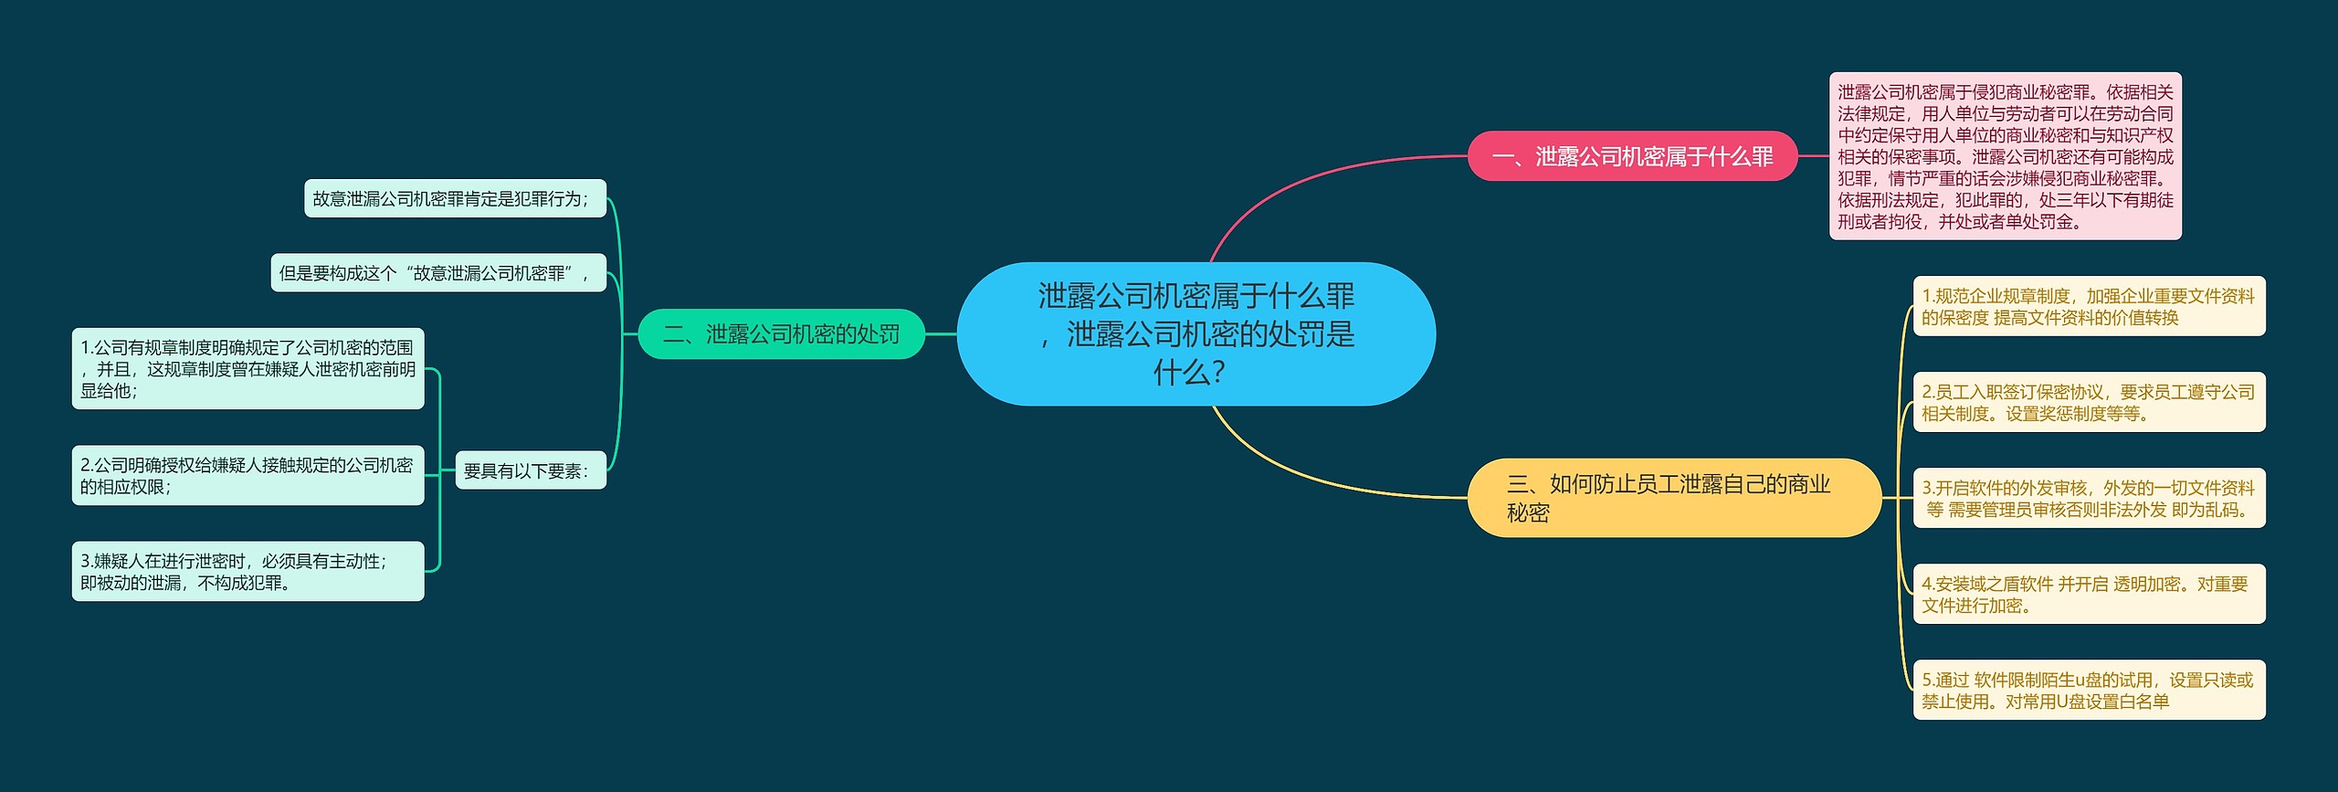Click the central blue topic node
1195,333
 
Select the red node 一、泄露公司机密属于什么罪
1631,156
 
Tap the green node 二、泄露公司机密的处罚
781,334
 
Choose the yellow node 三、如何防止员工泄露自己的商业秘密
1673,498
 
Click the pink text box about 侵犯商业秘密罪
2005,156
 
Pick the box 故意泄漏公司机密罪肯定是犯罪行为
454,198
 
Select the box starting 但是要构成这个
437,273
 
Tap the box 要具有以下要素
530,470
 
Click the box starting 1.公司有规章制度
247,369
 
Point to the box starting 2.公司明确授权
247,476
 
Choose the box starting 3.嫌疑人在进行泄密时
247,572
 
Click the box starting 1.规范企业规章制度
2089,306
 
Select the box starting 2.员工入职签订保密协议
2089,402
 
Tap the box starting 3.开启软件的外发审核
2089,498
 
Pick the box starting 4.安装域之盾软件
2089,594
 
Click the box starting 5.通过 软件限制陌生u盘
2089,690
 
